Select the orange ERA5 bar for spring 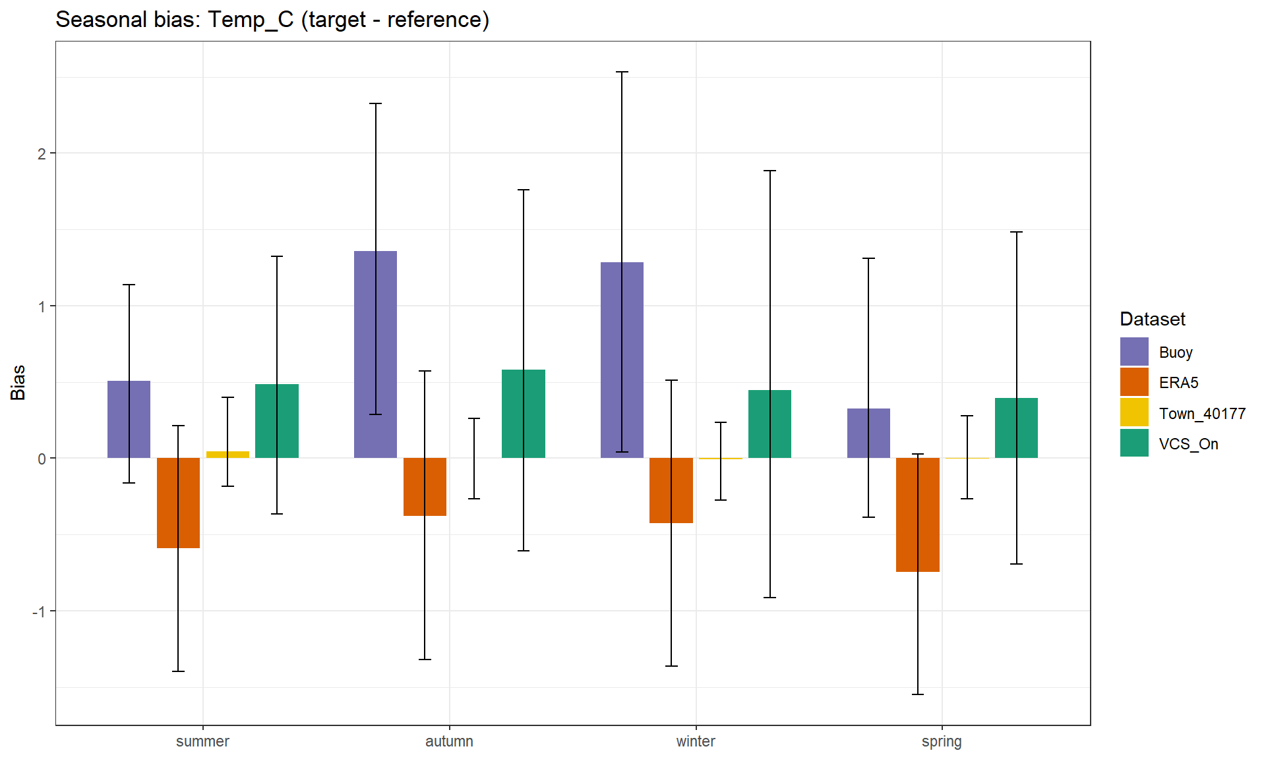(917, 515)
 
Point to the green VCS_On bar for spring (1016, 428)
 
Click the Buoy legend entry (1175, 352)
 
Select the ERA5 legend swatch (1134, 382)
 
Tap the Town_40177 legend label (1202, 414)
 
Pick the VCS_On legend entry (1188, 444)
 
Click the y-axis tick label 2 (42, 154)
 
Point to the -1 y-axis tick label (39, 611)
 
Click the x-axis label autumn (449, 741)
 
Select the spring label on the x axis (942, 741)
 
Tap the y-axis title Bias (18, 382)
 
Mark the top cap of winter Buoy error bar (622, 72)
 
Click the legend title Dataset (1152, 320)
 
